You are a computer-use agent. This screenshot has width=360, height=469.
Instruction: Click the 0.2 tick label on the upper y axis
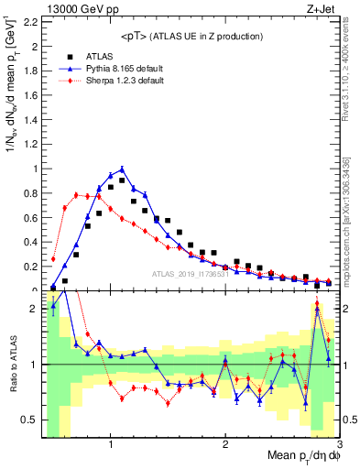[31, 266]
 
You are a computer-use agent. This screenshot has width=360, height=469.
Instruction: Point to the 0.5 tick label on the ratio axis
[31, 420]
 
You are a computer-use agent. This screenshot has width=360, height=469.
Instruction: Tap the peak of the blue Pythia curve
[122, 169]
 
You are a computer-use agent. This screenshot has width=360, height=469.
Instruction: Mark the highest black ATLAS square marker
[122, 180]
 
